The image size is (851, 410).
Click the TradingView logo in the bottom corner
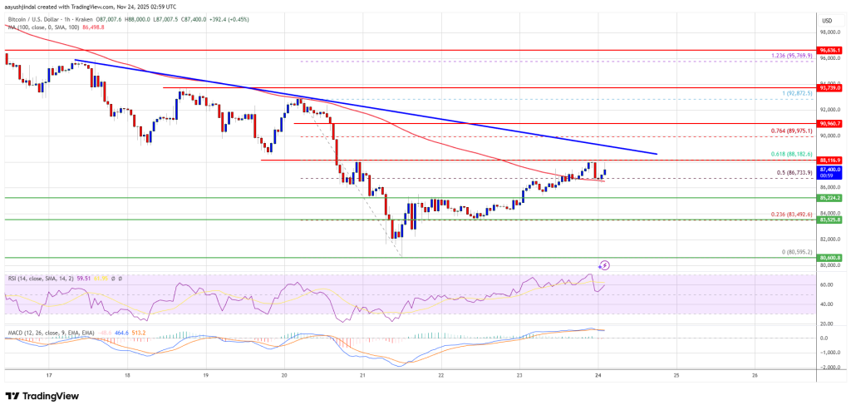point(42,397)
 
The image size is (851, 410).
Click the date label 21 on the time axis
point(363,375)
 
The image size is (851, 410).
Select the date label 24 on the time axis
point(598,375)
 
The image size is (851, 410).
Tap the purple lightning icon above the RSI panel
point(604,265)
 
